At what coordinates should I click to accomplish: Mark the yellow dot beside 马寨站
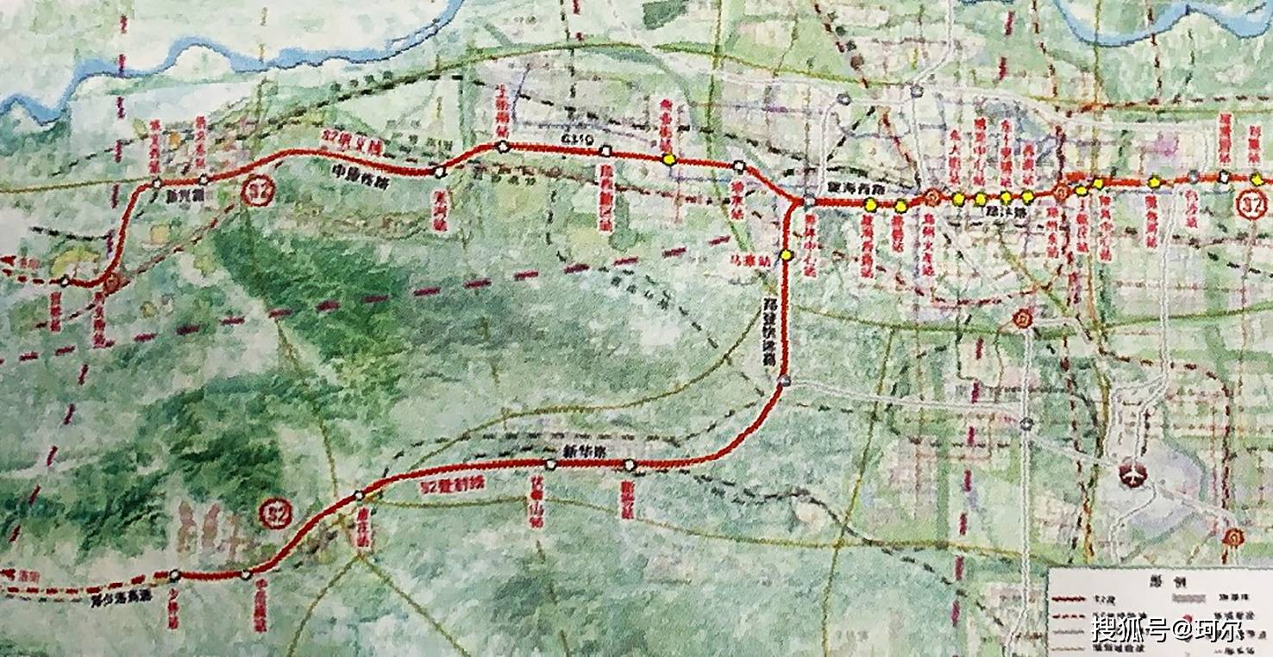pyautogui.click(x=787, y=255)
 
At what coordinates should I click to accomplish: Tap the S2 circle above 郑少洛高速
pyautogui.click(x=276, y=515)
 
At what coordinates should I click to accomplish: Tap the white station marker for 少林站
pyautogui.click(x=175, y=574)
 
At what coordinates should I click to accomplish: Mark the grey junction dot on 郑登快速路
pyautogui.click(x=784, y=381)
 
